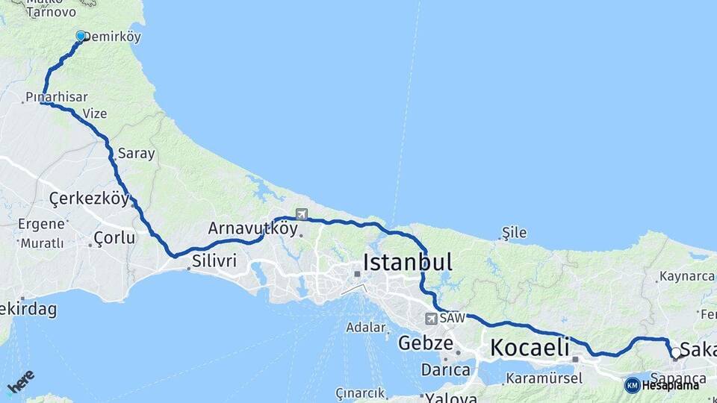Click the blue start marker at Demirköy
point(81,35)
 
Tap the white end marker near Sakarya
point(675,352)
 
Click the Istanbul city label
point(408,262)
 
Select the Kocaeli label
point(530,348)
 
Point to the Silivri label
point(214,260)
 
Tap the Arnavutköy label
point(252,228)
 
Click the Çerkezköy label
point(84,199)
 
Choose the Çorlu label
point(114,238)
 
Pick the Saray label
point(136,154)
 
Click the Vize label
point(95,113)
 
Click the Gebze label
point(426,343)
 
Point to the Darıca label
point(446,369)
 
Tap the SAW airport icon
point(431,319)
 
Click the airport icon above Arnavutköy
point(301,214)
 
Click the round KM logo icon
point(632,385)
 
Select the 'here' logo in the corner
point(20,381)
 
